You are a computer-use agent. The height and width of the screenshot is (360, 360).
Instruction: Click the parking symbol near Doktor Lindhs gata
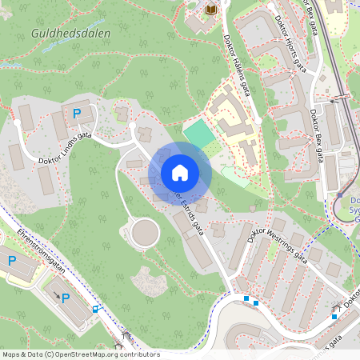point(77,114)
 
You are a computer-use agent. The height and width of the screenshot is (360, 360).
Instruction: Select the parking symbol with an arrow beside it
point(66,298)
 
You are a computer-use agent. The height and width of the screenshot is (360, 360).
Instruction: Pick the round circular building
point(145,233)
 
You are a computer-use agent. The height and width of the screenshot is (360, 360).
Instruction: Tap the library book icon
point(211,9)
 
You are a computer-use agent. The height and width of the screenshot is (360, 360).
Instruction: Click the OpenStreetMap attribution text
point(80,354)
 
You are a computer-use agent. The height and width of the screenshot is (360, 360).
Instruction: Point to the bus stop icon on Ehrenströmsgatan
point(96,309)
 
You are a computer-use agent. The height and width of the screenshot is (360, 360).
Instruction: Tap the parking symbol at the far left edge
point(12,260)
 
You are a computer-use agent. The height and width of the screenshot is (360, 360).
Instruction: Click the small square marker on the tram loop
point(340,194)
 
